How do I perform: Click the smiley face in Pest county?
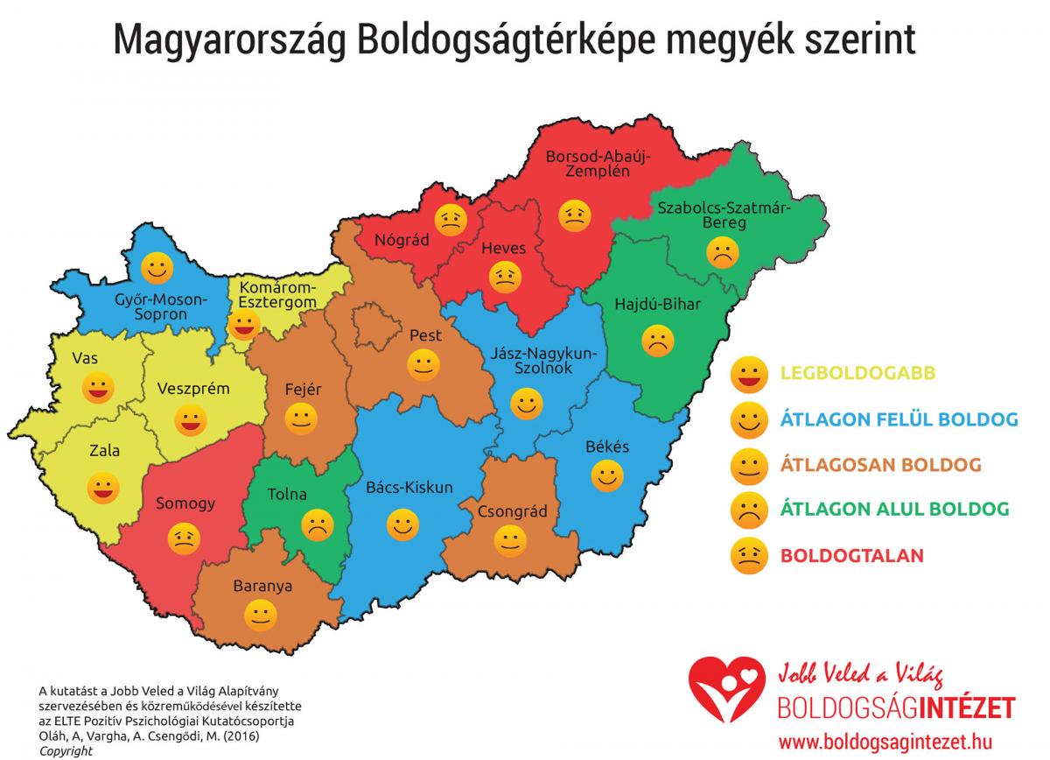[423, 364]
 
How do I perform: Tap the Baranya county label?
[262, 586]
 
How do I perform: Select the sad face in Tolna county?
[317, 524]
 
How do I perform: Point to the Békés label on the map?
[607, 447]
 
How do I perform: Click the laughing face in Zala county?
[103, 488]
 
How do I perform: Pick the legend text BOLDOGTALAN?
[839, 555]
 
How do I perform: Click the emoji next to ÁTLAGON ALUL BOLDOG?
[748, 510]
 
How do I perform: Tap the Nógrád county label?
[402, 240]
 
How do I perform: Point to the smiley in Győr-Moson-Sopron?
[158, 266]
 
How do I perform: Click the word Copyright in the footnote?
[66, 751]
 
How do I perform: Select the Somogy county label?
[185, 503]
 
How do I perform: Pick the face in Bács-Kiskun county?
[402, 525]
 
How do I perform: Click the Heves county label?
[504, 248]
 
